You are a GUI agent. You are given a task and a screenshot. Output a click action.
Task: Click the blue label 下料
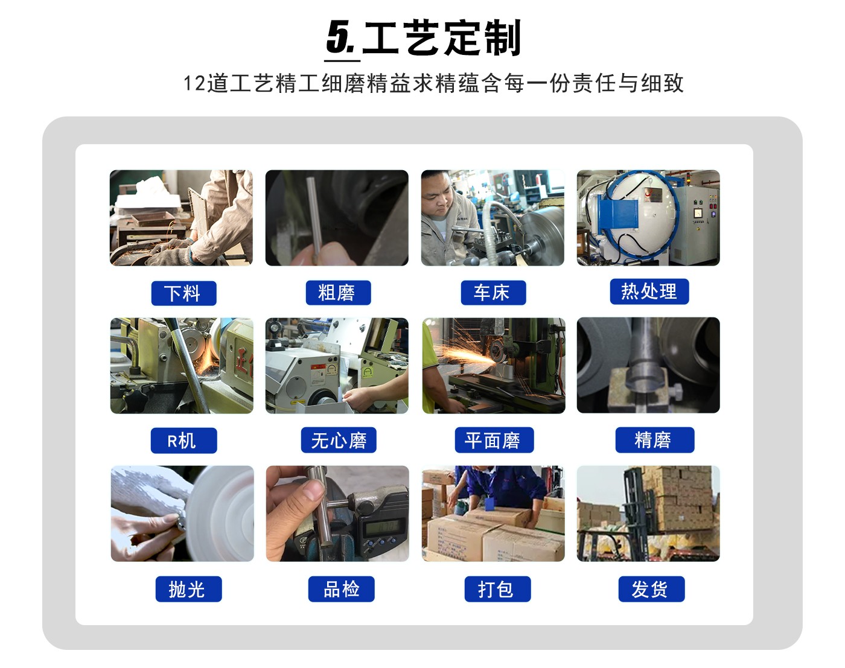point(183,293)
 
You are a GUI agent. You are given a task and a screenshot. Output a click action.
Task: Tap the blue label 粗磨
point(338,293)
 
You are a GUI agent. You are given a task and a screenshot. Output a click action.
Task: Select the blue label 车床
point(493,293)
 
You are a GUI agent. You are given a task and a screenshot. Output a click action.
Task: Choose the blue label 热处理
point(649,291)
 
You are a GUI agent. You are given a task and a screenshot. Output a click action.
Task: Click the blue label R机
point(183,441)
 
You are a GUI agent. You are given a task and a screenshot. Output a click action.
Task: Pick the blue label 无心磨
point(339,440)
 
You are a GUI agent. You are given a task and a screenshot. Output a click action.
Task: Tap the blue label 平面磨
point(494,440)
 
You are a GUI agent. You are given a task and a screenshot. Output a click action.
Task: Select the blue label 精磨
point(654,440)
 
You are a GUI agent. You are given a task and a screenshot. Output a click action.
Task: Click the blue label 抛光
point(188,589)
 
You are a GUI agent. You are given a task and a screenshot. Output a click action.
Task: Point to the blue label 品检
point(341,589)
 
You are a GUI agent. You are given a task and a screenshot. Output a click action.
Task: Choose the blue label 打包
point(497,589)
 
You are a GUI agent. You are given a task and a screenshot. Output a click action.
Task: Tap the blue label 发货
point(651,589)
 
